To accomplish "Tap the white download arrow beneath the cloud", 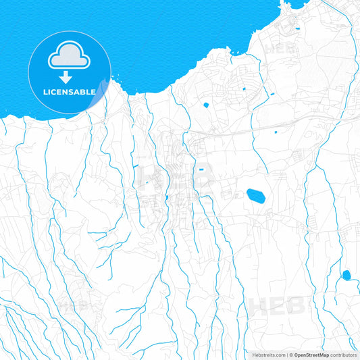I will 70,78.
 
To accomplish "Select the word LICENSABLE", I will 70,91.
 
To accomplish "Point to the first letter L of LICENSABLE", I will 46,91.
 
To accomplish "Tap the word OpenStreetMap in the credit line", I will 311,355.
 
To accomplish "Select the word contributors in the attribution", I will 343,355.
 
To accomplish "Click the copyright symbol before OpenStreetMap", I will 290,355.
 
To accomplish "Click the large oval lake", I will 256,196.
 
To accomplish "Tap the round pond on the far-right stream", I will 346,275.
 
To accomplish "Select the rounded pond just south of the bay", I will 205,104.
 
